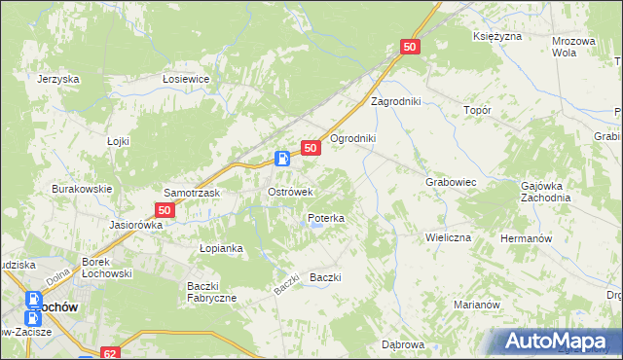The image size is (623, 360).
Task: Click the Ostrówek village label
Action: point(289,193)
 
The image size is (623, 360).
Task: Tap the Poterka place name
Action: point(326,219)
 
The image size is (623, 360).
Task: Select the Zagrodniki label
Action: point(393,101)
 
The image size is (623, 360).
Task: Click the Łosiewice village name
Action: point(187,81)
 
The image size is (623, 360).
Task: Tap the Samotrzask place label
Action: point(193,194)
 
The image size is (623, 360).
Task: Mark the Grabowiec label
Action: point(450,182)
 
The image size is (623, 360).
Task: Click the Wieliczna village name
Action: point(448,237)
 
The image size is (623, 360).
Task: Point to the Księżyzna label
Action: point(497,36)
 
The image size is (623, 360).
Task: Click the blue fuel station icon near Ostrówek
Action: point(281,159)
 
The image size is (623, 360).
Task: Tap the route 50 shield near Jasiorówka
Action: point(165,210)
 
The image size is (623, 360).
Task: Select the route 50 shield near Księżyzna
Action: point(410,47)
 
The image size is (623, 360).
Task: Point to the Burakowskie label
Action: point(83,189)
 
